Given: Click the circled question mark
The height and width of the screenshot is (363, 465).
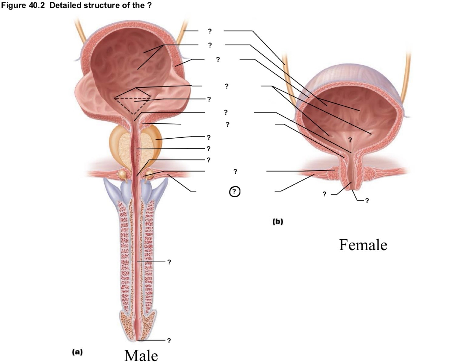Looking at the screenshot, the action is [x=235, y=191].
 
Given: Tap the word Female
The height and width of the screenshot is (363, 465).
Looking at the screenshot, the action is [x=363, y=245].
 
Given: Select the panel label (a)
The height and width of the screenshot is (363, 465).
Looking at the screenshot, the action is [x=77, y=352].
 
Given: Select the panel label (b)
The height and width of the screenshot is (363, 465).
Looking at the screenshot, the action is [x=278, y=222].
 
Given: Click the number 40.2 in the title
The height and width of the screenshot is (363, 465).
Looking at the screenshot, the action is [x=36, y=5].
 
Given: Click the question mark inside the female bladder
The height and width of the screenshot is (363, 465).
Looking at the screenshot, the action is [x=350, y=140].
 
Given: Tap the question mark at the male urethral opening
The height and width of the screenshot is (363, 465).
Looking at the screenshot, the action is [x=169, y=341].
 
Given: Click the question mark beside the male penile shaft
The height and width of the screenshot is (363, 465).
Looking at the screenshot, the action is [x=169, y=262].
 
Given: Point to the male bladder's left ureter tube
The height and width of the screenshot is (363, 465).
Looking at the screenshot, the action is [x=81, y=30].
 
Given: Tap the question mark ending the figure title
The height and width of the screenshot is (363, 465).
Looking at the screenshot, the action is [x=149, y=5].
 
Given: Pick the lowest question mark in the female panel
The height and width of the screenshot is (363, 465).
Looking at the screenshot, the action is [x=367, y=201].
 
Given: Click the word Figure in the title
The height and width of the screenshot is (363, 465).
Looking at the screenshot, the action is [x=14, y=5].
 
